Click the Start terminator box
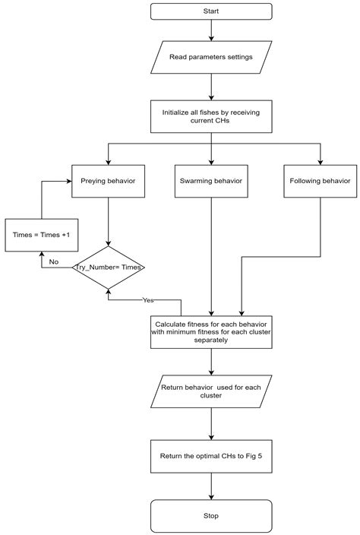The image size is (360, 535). point(211,11)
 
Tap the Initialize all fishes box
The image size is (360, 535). point(211,116)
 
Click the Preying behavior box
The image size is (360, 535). point(108,182)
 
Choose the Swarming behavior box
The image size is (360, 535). point(211,182)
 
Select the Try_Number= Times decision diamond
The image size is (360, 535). point(108,267)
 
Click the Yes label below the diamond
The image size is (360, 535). point(148,300)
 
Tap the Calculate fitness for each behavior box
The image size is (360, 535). point(211,331)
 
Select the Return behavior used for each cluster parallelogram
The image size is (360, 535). point(211,391)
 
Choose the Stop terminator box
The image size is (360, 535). point(211,515)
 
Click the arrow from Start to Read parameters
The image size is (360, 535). point(211,31)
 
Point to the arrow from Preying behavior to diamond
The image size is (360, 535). point(108,222)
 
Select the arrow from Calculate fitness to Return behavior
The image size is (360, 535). point(211,362)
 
